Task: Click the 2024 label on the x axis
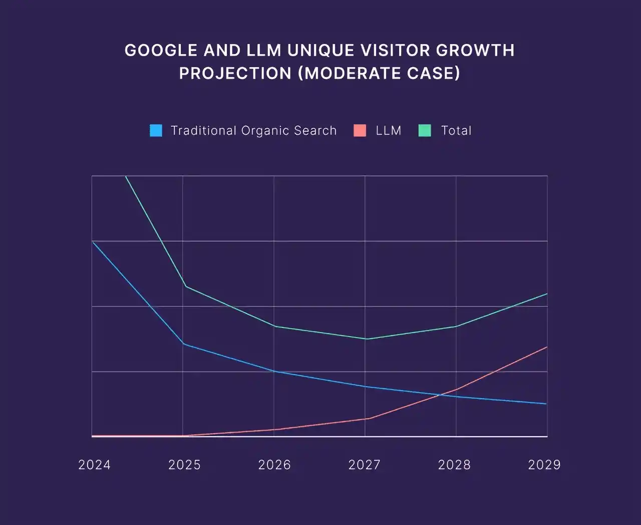(95, 465)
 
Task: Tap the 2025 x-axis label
(185, 465)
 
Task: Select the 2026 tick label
(274, 465)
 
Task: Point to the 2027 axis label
(365, 465)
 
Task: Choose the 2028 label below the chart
(455, 465)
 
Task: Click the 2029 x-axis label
(544, 465)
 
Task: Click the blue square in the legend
(156, 131)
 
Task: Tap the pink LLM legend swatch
(360, 131)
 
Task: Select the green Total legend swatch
(425, 131)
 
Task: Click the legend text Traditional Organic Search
(253, 131)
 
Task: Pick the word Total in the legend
(456, 131)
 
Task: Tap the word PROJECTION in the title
(235, 73)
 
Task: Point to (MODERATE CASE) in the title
(379, 73)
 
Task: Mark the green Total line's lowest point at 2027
(366, 339)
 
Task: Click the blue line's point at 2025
(184, 344)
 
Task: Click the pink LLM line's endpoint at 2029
(547, 347)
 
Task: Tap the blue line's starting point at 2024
(93, 242)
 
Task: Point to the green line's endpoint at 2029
(547, 294)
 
